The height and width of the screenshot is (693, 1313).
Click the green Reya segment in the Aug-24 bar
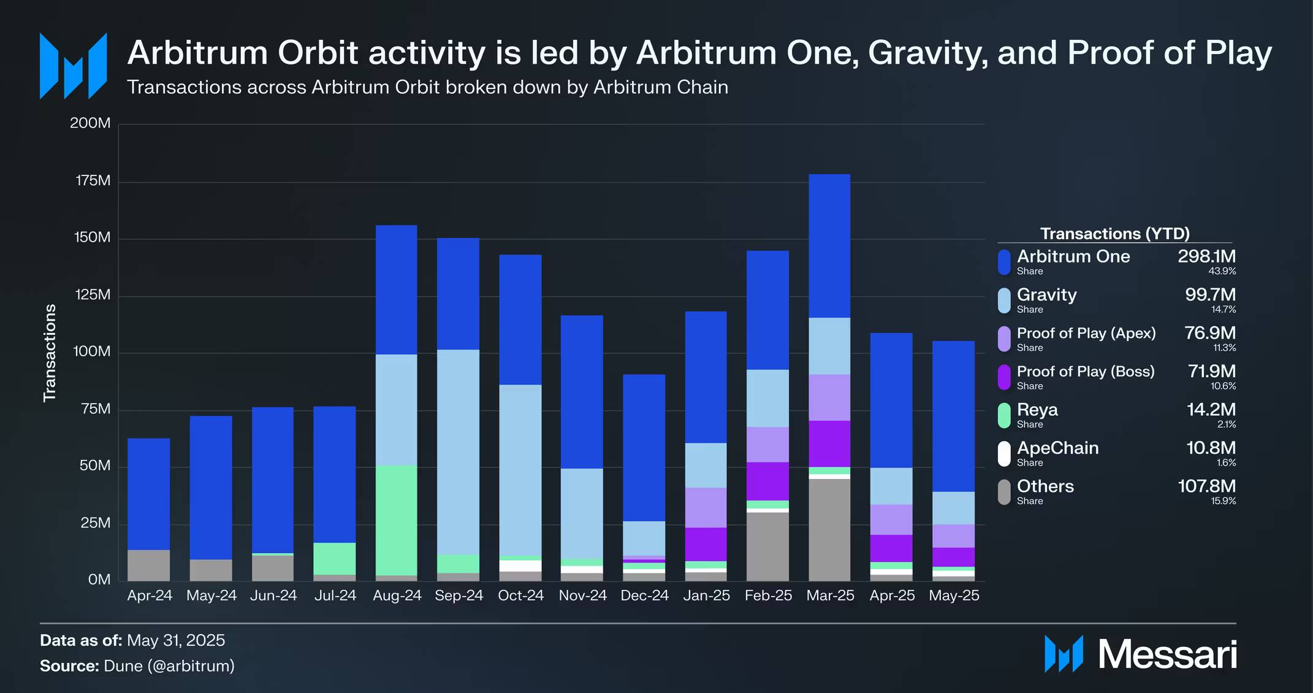click(x=396, y=520)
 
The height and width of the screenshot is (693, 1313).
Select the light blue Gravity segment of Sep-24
click(x=458, y=452)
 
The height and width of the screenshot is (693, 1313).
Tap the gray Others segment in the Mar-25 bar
click(x=829, y=529)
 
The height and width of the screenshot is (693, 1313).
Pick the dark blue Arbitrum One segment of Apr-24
click(x=149, y=494)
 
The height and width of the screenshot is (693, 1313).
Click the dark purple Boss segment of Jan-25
click(x=706, y=544)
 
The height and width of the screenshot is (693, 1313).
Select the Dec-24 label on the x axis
click(x=644, y=595)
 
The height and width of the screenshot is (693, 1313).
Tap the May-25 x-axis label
click(x=954, y=595)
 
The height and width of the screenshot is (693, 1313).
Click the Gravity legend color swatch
click(x=1004, y=301)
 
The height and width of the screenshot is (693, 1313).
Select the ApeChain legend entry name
click(x=1057, y=448)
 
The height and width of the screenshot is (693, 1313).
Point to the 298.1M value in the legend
click(x=1206, y=256)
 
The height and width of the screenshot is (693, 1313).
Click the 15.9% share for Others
click(x=1223, y=501)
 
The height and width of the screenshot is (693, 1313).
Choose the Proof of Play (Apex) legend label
click(x=1086, y=333)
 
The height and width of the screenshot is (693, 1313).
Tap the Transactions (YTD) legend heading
click(x=1114, y=234)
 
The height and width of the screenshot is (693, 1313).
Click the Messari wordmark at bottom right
click(x=1167, y=654)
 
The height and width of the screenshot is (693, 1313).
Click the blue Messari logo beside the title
click(x=73, y=66)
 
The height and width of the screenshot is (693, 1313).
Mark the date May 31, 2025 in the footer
click(x=176, y=640)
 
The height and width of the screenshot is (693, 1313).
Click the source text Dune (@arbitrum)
click(x=169, y=666)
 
